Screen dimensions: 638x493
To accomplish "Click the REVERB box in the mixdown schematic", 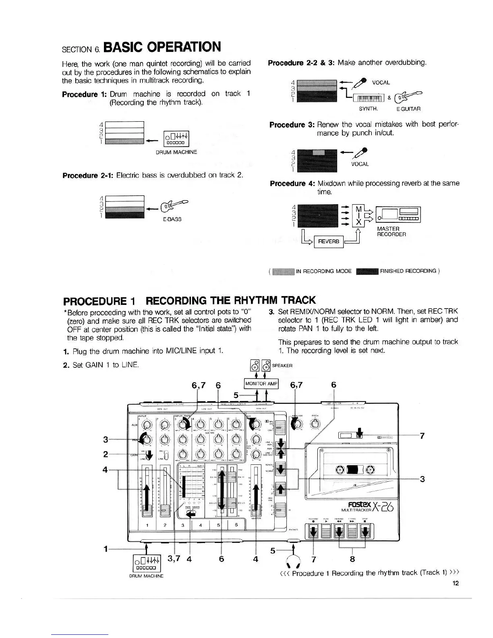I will tap(328, 241).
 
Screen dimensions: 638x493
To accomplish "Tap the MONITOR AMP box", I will tap(261, 383).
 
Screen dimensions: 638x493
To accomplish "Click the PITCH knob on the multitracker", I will tap(315, 424).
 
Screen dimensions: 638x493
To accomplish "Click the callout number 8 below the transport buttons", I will tap(353, 559).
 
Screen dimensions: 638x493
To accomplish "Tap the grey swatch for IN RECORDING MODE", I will tap(284, 271).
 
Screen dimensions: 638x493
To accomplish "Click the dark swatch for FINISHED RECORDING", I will tap(367, 271).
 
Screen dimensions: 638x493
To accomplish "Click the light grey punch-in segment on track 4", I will tap(319, 152).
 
